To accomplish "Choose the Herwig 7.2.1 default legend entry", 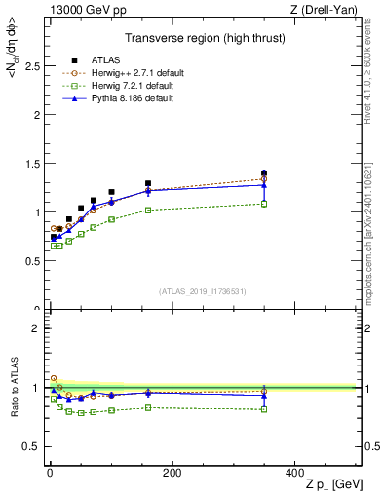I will (118, 85).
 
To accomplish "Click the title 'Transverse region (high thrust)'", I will (204, 39).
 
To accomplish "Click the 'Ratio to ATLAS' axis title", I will (14, 388).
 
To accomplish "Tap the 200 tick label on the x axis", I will (172, 473).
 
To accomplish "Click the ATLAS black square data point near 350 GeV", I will (264, 173).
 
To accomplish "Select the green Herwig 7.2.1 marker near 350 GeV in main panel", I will (264, 204).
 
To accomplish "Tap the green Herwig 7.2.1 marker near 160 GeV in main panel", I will (148, 210).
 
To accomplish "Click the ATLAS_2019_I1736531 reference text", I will (204, 291).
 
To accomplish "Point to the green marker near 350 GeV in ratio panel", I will (264, 409).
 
